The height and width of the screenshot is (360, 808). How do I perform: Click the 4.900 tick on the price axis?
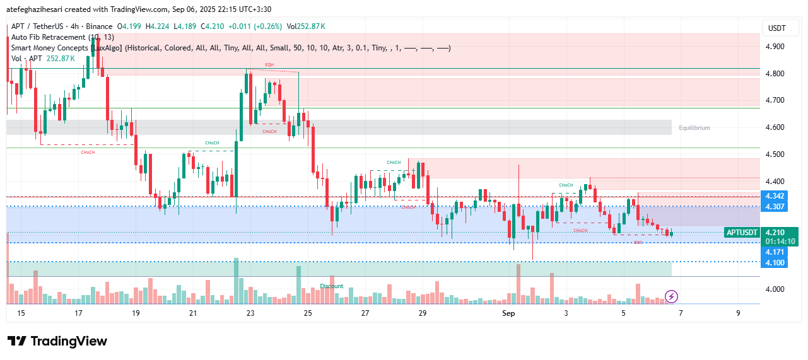click(x=774, y=47)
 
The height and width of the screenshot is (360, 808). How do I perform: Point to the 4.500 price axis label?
click(x=774, y=154)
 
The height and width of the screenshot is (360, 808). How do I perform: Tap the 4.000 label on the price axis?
click(x=774, y=289)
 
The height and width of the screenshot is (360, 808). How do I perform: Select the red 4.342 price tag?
click(x=774, y=197)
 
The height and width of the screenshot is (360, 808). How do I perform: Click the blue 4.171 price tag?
click(x=774, y=252)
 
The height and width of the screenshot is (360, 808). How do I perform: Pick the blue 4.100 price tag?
click(x=774, y=262)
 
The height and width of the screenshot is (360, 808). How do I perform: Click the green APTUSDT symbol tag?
click(x=742, y=232)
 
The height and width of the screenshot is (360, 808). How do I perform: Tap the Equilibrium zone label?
click(x=694, y=128)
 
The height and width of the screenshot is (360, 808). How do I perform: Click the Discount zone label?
click(x=331, y=286)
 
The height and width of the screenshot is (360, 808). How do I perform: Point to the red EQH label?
click(x=269, y=65)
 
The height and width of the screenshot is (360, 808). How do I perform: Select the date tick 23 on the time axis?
click(x=250, y=313)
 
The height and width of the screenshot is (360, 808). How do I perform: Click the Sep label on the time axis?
click(x=508, y=313)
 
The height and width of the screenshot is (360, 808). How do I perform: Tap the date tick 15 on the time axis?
click(x=21, y=313)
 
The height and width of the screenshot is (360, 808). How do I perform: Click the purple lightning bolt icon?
click(x=672, y=296)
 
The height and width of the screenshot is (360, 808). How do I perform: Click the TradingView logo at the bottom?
click(x=57, y=341)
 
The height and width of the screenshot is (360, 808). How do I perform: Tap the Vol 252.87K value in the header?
click(x=306, y=26)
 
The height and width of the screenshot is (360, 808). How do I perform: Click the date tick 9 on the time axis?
click(x=737, y=313)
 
